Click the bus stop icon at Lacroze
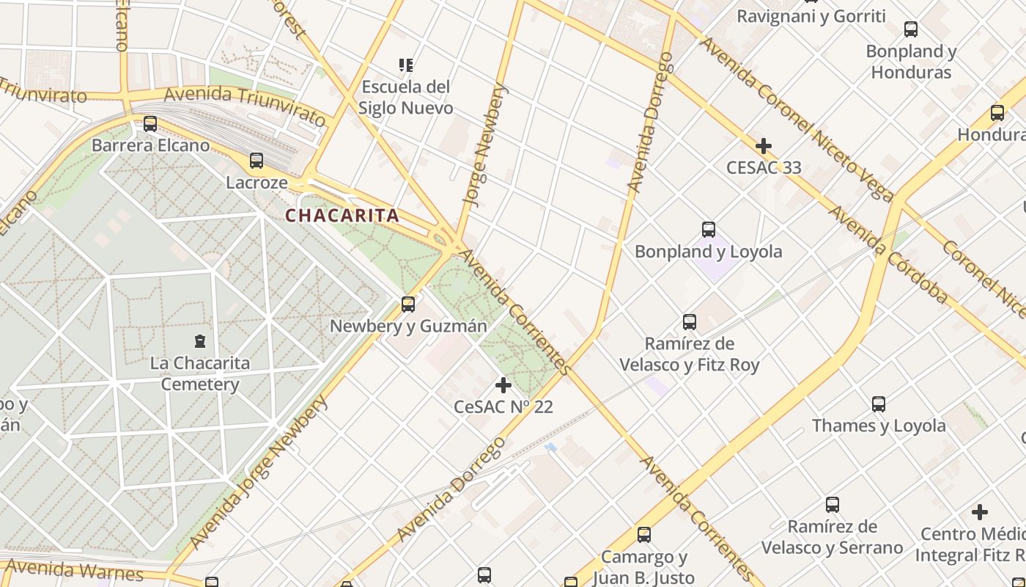256,160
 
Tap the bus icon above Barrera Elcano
150,123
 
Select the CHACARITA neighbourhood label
342,216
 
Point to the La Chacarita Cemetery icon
200,340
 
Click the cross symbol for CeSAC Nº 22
503,384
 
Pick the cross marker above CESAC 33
764,145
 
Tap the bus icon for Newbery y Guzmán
408,304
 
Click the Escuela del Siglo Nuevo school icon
406,65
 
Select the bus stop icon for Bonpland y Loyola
709,229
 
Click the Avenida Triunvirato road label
245,105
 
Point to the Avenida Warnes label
73,570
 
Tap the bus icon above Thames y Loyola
879,404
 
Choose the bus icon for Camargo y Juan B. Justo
644,535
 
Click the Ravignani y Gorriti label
811,16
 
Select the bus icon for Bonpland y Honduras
911,29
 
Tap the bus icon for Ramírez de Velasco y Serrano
833,505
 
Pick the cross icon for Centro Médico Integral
980,512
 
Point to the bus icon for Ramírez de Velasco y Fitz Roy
690,321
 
